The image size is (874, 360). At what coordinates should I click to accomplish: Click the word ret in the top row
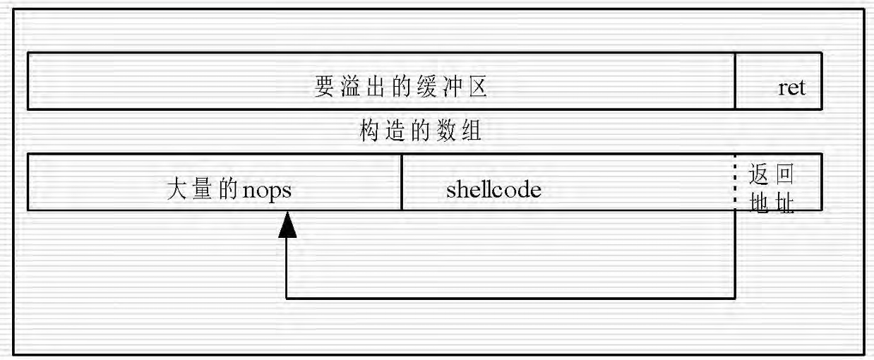pos(791,90)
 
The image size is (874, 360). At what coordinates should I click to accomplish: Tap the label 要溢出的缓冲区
pos(400,88)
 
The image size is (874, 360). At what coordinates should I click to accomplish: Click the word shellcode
pos(493,190)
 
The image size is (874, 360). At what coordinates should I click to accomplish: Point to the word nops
pos(266,190)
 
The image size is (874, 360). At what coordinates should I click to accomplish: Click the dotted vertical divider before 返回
pos(735,182)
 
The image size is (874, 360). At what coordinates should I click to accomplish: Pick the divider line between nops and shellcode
pos(402,182)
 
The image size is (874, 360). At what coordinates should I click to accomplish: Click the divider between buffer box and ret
pos(735,80)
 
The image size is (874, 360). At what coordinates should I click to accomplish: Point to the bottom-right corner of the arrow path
pos(735,298)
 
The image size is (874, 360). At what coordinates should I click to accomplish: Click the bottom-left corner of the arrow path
pos(287,298)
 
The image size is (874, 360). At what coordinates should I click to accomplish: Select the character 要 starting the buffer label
pos(323,88)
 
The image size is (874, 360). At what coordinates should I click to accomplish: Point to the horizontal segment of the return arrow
pos(508,298)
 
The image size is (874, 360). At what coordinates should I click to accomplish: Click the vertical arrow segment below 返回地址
pos(735,254)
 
